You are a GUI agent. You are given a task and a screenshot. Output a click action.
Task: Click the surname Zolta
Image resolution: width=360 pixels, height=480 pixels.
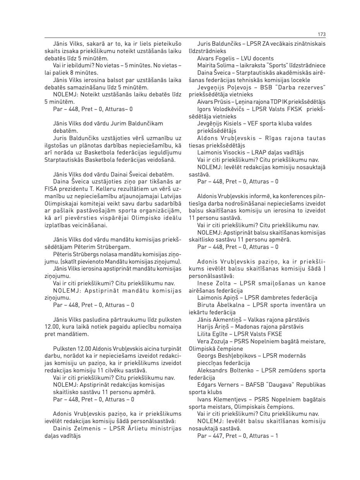(224, 283)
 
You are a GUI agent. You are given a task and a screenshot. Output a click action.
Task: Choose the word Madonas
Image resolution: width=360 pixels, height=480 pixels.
(248, 327)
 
